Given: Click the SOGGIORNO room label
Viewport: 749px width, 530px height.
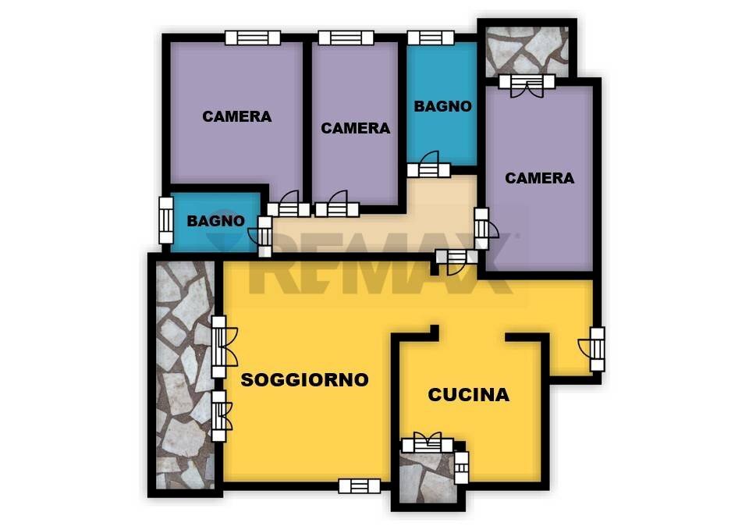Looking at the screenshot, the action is pyautogui.click(x=305, y=380).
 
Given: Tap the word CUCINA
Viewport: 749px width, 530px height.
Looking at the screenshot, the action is pyautogui.click(x=469, y=395).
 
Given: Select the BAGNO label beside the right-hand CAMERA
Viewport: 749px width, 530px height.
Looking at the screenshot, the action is pyautogui.click(x=443, y=106).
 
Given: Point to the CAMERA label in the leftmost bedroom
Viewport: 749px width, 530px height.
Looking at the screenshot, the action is pyautogui.click(x=237, y=116).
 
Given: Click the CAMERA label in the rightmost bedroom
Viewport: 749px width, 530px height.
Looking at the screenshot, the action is pyautogui.click(x=539, y=178).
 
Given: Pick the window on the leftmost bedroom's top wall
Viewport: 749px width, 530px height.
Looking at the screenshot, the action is pyautogui.click(x=253, y=37).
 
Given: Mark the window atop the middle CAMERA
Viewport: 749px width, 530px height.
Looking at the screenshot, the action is pyautogui.click(x=346, y=37).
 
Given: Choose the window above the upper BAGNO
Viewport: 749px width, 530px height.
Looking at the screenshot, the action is pyautogui.click(x=431, y=37).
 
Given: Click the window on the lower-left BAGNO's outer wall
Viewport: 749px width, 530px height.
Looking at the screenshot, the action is pyautogui.click(x=165, y=220).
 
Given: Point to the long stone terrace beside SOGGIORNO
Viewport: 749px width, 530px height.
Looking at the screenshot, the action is pyautogui.click(x=186, y=375).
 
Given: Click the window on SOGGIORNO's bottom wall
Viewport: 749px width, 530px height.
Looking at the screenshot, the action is pyautogui.click(x=359, y=486).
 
